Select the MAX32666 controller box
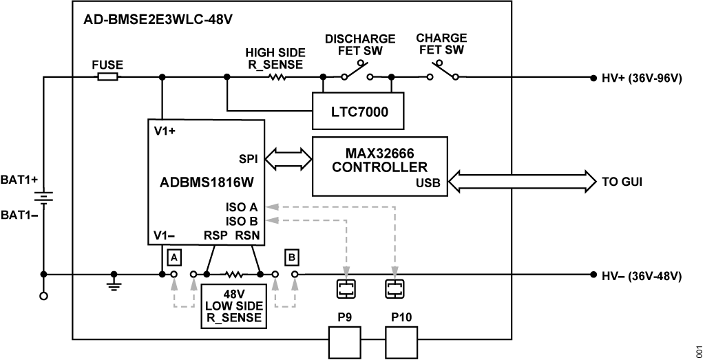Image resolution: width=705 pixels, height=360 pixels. click(380, 167)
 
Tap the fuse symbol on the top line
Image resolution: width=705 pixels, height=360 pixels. click(108, 77)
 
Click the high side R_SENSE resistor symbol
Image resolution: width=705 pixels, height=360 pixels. click(277, 77)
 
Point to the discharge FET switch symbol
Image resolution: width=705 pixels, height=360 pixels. click(357, 71)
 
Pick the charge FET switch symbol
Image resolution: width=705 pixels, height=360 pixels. click(443, 71)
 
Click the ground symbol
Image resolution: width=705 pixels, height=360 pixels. click(114, 280)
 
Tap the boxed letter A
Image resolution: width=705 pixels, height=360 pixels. click(173, 257)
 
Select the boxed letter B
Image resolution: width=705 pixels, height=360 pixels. click(292, 257)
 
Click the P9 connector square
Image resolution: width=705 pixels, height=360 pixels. click(345, 343)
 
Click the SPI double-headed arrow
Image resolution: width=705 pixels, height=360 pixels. click(288, 159)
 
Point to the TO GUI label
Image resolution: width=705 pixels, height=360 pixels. click(622, 182)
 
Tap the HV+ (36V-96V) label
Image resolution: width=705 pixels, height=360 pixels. click(642, 78)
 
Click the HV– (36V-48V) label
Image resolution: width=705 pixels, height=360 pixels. click(642, 277)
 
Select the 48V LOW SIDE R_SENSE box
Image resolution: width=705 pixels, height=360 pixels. click(233, 306)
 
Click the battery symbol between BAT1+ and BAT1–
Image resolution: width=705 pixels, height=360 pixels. click(43, 198)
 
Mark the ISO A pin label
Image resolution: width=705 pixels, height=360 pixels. click(242, 207)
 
